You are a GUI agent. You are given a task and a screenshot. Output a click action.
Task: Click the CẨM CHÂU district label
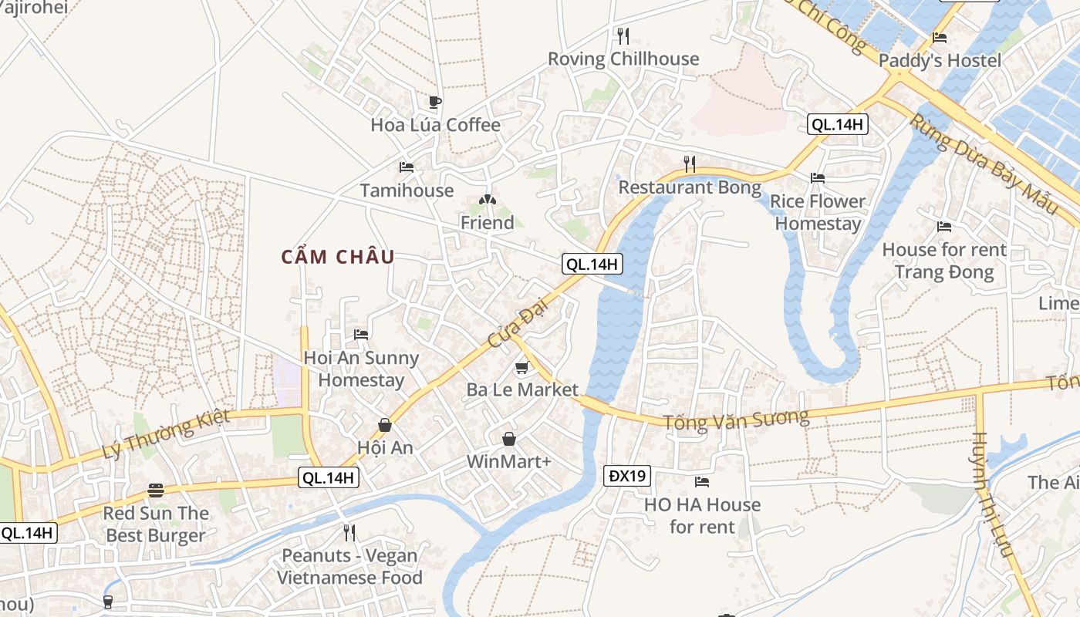point(338,257)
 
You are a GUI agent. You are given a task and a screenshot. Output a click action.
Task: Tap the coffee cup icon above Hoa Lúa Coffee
point(435,102)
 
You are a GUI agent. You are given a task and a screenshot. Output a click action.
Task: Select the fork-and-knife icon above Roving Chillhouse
point(623,35)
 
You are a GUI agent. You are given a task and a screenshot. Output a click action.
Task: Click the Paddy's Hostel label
point(940,60)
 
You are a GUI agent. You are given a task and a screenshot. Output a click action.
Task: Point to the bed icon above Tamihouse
point(407,167)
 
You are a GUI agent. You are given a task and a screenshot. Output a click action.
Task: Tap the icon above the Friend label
point(487,200)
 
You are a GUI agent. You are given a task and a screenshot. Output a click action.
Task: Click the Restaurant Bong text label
point(689,187)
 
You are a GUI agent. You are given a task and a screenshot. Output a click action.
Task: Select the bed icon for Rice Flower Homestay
point(818,178)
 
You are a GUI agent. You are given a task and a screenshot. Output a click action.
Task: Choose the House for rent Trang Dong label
point(944,261)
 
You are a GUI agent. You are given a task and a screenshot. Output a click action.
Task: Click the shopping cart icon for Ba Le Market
point(522,367)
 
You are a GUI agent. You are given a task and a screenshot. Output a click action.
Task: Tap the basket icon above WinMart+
point(509,439)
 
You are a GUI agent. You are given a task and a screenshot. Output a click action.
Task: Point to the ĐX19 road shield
point(626,476)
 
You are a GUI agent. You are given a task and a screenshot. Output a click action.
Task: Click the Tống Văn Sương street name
point(736,419)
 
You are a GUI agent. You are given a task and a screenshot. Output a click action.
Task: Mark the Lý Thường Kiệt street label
point(166,434)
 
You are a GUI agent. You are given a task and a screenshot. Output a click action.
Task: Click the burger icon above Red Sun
point(156,491)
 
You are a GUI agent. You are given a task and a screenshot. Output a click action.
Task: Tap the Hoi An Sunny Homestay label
point(361,369)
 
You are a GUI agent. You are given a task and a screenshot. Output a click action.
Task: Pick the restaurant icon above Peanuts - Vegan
point(349,532)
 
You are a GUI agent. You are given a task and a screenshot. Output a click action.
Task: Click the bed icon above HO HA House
point(701,482)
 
